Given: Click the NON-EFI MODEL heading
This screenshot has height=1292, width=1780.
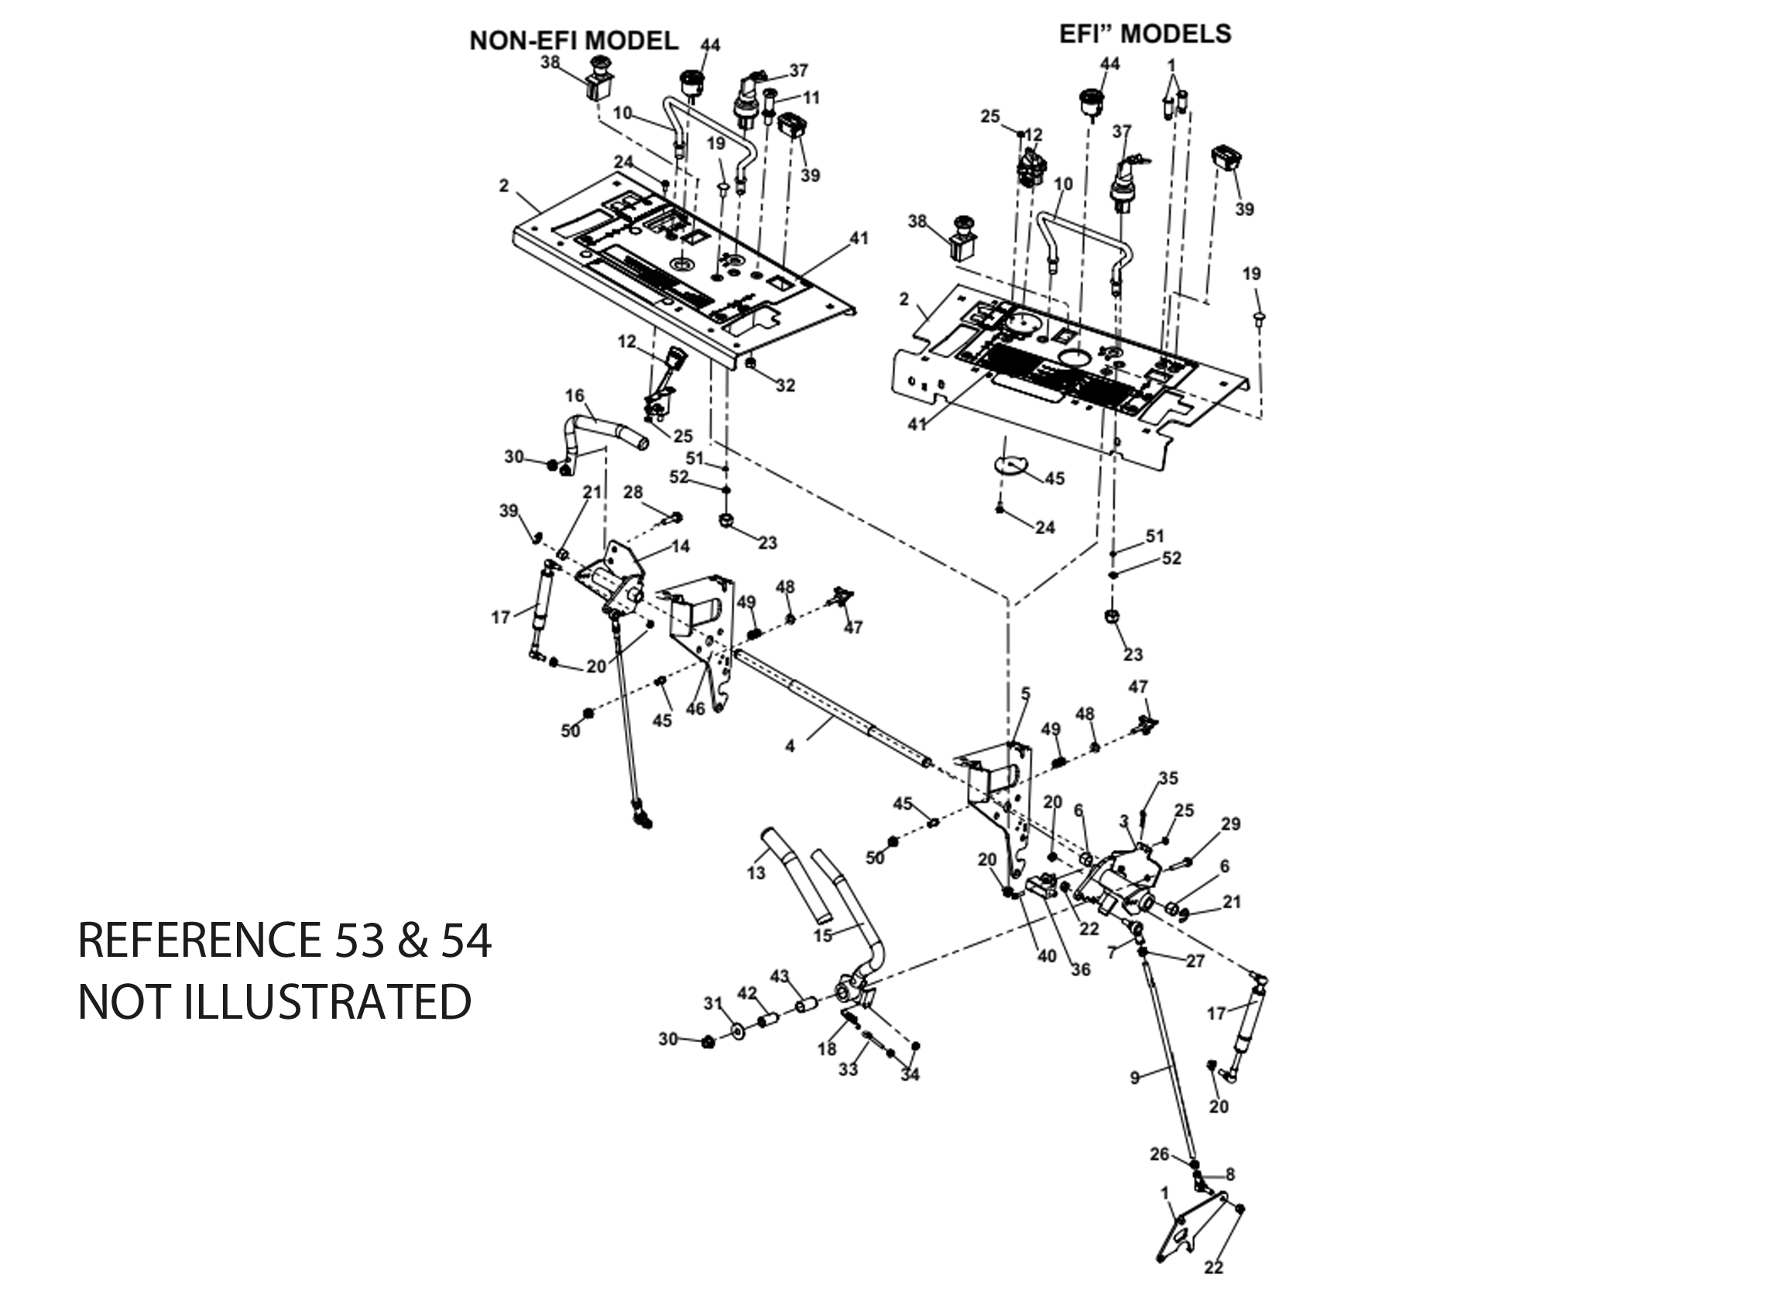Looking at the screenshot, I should [x=573, y=41].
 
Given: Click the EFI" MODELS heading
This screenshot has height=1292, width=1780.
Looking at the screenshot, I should [x=1145, y=34].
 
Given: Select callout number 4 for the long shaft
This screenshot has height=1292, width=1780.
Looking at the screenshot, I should [x=791, y=745].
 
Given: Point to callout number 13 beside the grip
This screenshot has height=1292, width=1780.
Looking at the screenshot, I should [x=756, y=872].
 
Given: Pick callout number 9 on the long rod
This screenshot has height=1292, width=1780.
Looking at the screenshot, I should [x=1134, y=1078].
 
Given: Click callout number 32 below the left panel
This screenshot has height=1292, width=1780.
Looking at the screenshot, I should [x=786, y=386].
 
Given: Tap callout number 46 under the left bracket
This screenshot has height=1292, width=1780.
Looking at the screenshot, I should [x=695, y=709].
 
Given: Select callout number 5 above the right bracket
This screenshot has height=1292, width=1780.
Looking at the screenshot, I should [x=1025, y=693].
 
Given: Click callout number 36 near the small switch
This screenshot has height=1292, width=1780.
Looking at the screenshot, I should [x=1081, y=969].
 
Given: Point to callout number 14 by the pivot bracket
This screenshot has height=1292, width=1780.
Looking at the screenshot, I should [x=681, y=546].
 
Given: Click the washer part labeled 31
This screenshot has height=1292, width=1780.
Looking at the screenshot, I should [x=739, y=1030].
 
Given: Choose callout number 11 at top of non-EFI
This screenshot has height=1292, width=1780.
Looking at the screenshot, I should [x=811, y=98].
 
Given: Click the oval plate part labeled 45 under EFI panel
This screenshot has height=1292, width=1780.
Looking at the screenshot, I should [x=1010, y=465].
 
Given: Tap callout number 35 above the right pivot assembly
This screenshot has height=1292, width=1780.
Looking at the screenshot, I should [x=1168, y=778].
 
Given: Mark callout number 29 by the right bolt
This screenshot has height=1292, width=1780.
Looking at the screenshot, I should [x=1230, y=824].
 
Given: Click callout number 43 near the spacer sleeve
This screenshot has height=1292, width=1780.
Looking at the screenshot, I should [x=780, y=976].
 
